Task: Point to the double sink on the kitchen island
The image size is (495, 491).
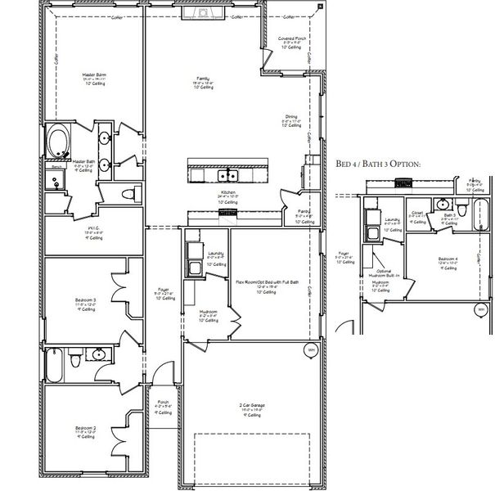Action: pos(227,175)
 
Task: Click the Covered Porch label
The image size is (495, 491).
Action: pos(291,41)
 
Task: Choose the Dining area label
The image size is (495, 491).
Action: pos(291,119)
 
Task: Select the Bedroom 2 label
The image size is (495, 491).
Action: pos(85,430)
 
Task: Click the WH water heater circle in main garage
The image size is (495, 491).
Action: pos(310,350)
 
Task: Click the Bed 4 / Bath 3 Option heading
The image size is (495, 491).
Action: pos(377,164)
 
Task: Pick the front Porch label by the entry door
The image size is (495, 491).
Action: pos(162,404)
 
